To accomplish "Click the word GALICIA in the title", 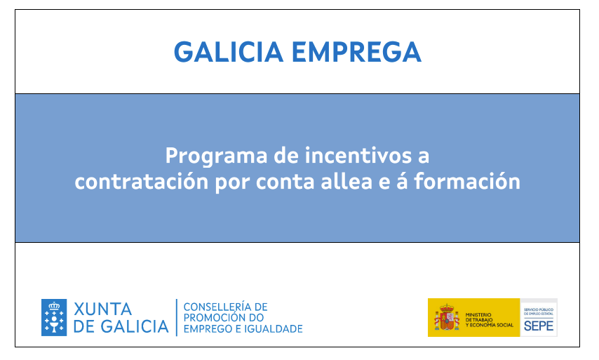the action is click(x=229, y=52).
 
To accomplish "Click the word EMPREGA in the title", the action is click(x=357, y=52).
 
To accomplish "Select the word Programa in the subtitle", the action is click(x=216, y=157).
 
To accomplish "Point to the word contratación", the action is click(x=142, y=182).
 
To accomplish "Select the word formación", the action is click(x=467, y=182).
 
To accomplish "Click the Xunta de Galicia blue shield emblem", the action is click(x=54, y=318).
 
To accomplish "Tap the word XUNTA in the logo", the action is click(x=103, y=309).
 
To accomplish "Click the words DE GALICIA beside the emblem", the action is click(x=121, y=327).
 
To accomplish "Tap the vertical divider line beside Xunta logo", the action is click(x=177, y=318).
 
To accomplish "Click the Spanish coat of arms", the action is click(x=447, y=317).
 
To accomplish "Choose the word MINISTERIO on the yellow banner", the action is click(x=478, y=315).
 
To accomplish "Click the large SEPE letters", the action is click(x=539, y=326).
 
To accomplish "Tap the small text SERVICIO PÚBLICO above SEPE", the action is click(x=539, y=309).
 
